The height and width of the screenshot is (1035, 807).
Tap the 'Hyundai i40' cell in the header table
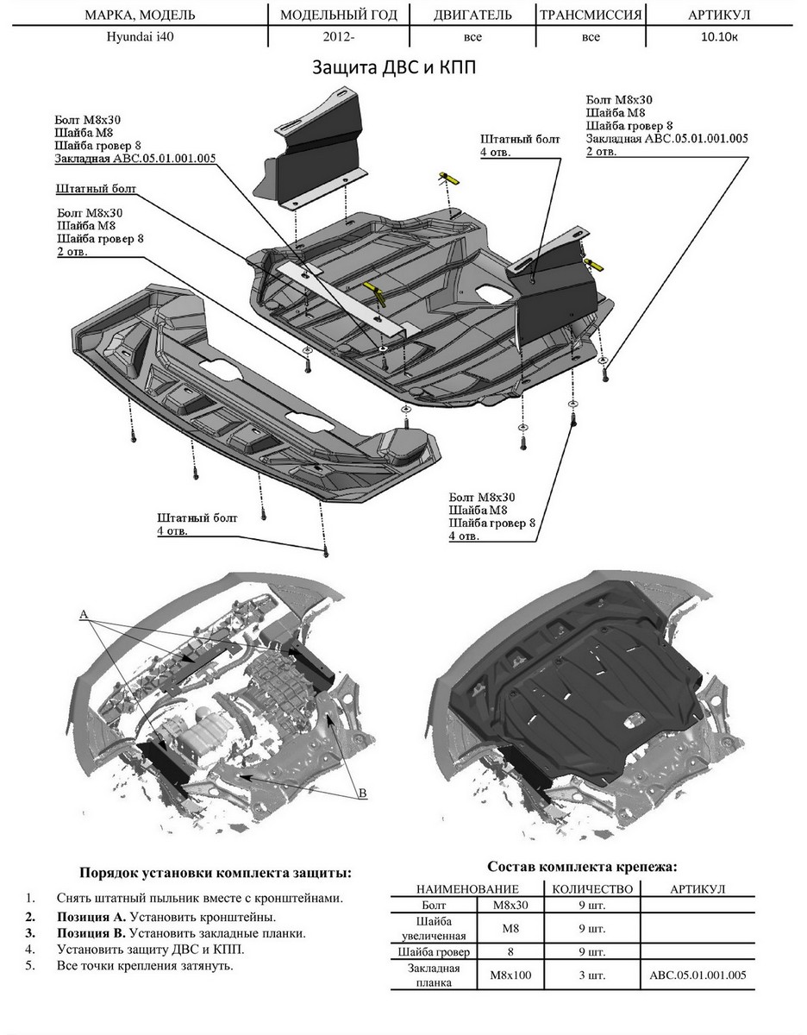[140, 37]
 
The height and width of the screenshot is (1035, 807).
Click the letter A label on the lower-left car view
[84, 614]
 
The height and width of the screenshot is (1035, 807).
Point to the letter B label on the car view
[363, 792]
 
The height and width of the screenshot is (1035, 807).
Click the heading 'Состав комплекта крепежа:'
[582, 866]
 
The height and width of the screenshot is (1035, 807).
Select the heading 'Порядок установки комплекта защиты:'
[215, 872]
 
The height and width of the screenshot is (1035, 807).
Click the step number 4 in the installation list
[30, 949]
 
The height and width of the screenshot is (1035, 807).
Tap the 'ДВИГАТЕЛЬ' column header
[472, 16]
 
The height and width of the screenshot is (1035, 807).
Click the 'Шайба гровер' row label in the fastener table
[435, 952]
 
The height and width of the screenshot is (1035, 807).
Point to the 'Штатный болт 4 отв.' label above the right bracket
[520, 145]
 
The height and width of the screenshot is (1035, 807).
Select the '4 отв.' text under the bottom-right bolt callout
[464, 536]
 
